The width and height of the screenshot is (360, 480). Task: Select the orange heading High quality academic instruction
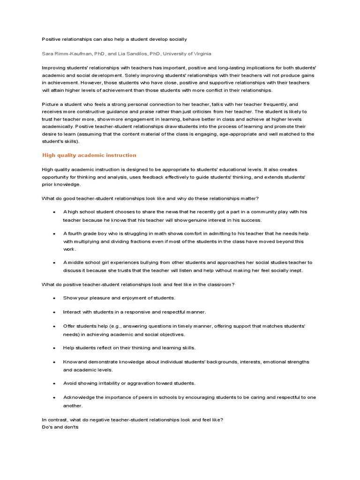pyautogui.click(x=89, y=155)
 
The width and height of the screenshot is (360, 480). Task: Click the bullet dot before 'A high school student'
pyautogui.click(x=54, y=212)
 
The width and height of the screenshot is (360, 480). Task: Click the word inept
pyautogui.click(x=295, y=270)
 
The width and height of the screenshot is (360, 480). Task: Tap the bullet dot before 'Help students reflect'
pyautogui.click(x=54, y=348)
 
